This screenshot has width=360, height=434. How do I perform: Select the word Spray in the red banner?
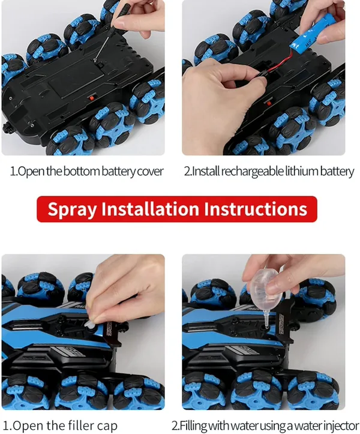[72, 209]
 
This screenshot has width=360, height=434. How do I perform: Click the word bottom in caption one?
[82, 171]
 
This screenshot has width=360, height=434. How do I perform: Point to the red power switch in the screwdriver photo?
[91, 98]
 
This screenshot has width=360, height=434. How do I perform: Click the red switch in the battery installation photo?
[268, 103]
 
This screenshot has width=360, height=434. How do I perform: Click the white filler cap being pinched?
[89, 325]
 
